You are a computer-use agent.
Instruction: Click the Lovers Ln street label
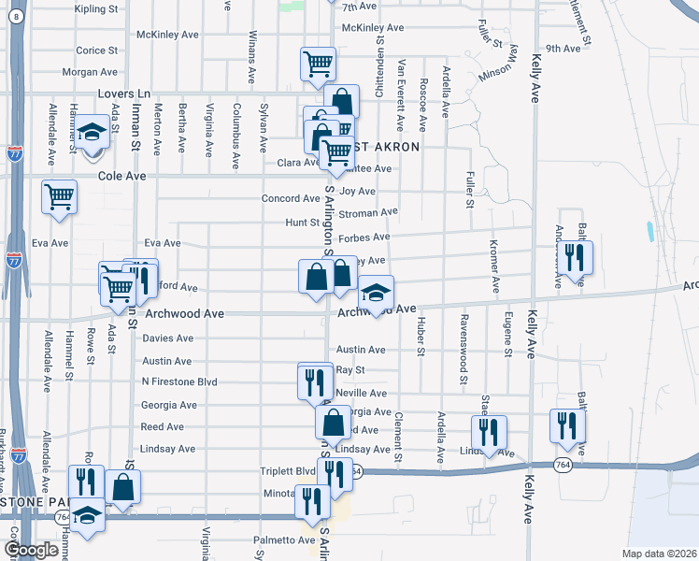click(x=124, y=94)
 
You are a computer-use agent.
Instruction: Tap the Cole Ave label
click(x=123, y=176)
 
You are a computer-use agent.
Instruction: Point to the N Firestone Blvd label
click(x=179, y=382)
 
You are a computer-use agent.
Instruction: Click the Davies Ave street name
click(x=168, y=338)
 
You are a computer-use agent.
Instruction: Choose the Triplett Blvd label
click(x=289, y=471)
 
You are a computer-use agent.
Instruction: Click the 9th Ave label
click(x=563, y=48)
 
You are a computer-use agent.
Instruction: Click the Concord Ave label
click(x=292, y=198)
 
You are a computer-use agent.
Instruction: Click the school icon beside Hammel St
click(x=92, y=133)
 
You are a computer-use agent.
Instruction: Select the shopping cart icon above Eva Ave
click(x=59, y=197)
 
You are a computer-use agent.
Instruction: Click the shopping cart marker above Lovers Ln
click(x=318, y=64)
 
